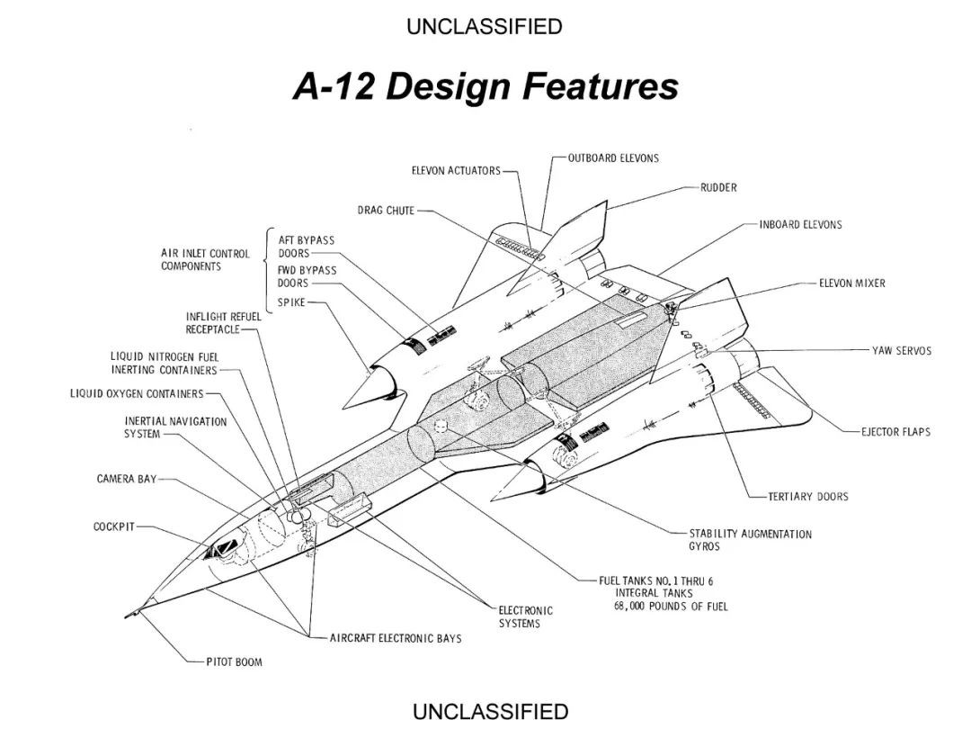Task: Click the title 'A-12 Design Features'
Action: tap(485, 87)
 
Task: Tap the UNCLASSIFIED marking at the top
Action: tap(484, 27)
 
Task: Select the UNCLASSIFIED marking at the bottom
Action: tap(490, 712)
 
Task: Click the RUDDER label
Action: tap(718, 188)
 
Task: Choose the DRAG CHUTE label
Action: tap(386, 211)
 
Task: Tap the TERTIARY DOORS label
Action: tap(807, 496)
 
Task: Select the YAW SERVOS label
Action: tap(902, 351)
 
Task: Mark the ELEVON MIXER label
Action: tap(851, 283)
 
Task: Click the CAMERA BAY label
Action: tap(127, 479)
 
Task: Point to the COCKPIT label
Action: tap(113, 526)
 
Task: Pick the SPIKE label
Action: tap(291, 301)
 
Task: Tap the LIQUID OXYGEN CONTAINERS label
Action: tap(137, 393)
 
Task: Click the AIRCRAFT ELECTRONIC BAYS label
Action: tap(395, 638)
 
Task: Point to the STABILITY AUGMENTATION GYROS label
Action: tap(750, 540)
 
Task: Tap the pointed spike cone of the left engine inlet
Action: tap(365, 388)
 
